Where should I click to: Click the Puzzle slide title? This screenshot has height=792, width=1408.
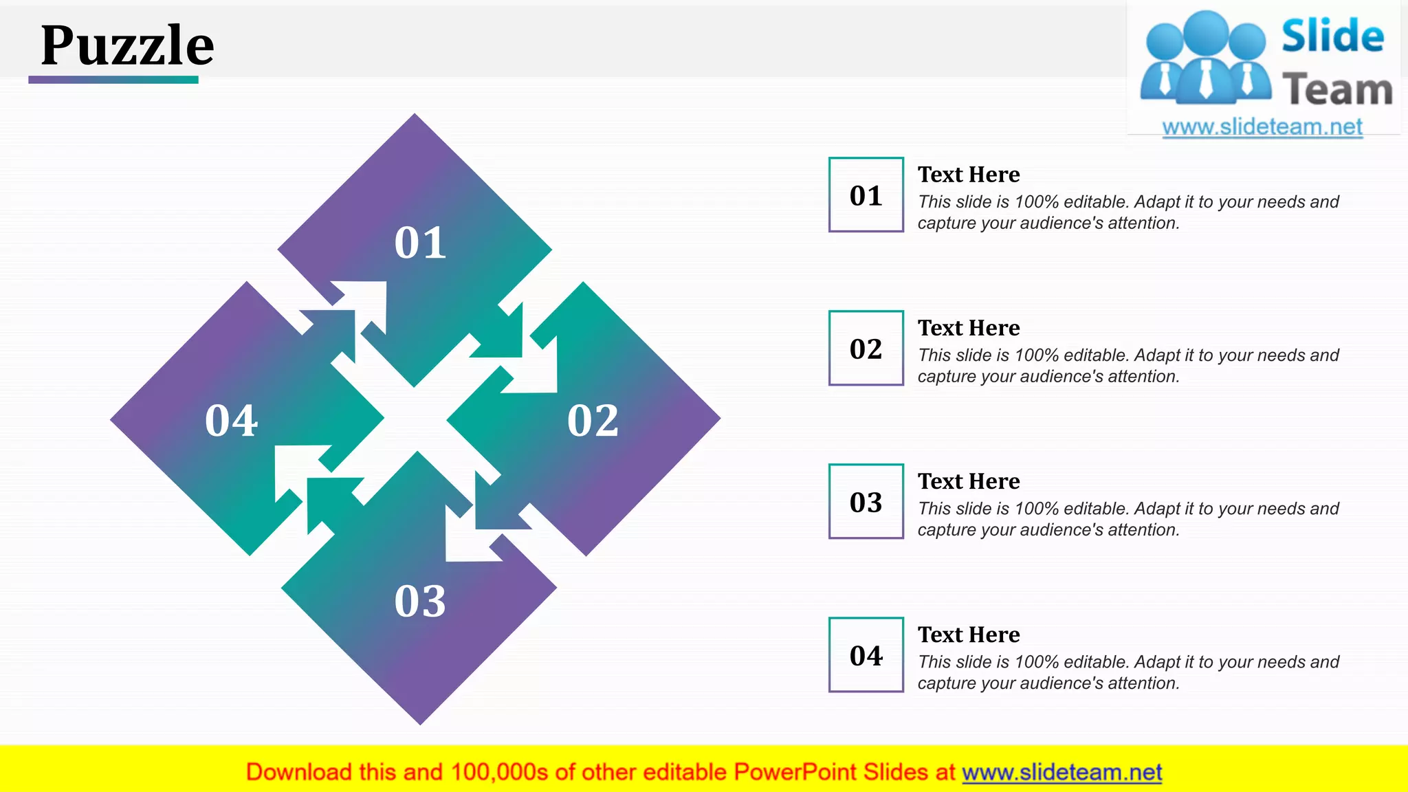[127, 45]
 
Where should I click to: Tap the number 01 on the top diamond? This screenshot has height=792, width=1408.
[420, 243]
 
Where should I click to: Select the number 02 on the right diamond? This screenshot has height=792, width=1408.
[593, 420]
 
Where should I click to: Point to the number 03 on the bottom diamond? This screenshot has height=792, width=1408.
[420, 601]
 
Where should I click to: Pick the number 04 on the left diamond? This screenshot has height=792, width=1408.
[231, 420]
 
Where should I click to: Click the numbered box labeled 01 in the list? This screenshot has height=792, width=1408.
[866, 195]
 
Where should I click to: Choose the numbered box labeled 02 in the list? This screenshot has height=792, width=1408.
[866, 349]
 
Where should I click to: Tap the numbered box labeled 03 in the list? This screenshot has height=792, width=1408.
[866, 502]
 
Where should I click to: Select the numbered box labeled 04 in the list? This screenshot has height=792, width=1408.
[866, 655]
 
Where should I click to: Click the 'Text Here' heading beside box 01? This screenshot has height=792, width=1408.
[968, 175]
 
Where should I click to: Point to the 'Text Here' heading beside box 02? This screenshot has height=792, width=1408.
[968, 328]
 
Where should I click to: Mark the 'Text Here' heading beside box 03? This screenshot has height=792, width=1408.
[968, 481]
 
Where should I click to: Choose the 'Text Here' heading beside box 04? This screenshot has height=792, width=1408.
[968, 635]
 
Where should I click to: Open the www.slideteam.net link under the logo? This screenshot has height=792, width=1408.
[1262, 126]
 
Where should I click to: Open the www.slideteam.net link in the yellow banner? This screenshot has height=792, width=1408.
[1061, 772]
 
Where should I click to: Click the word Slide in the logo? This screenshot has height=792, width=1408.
[1332, 36]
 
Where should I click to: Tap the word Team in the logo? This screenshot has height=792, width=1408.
[1336, 90]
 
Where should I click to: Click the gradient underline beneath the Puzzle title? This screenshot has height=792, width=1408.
[113, 80]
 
